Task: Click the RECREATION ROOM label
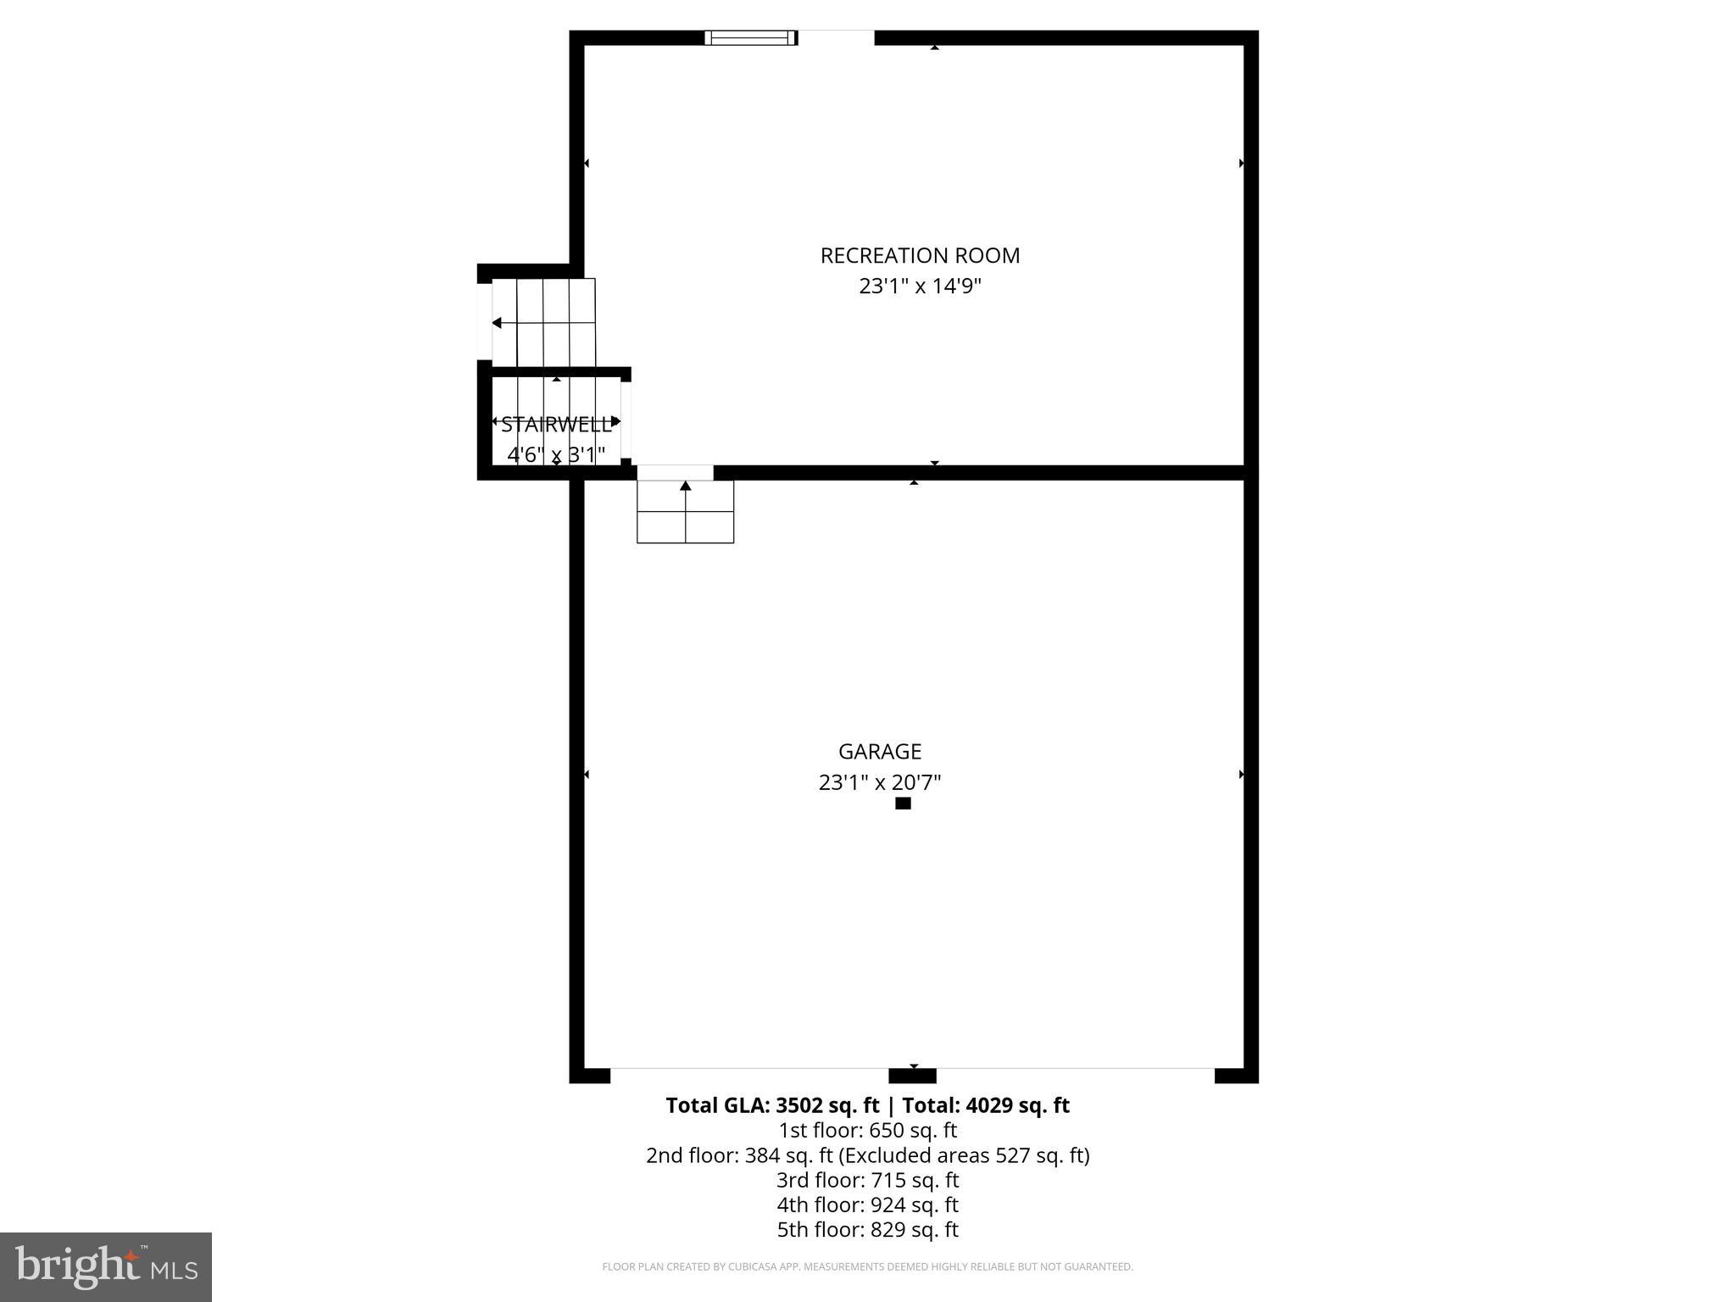pyautogui.click(x=920, y=255)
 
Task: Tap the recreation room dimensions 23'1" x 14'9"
pyautogui.click(x=920, y=287)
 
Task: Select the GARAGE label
pyautogui.click(x=879, y=752)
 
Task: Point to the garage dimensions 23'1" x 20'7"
pyautogui.click(x=879, y=782)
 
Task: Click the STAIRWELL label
pyautogui.click(x=556, y=425)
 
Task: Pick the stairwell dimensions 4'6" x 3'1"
pyautogui.click(x=556, y=455)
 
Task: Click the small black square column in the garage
pyautogui.click(x=903, y=804)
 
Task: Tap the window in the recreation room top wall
pyautogui.click(x=750, y=37)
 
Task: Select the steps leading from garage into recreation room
pyautogui.click(x=685, y=511)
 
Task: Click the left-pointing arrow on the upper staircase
pyautogui.click(x=498, y=323)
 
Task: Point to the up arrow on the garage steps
pyautogui.click(x=685, y=487)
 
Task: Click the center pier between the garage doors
pyautogui.click(x=912, y=1076)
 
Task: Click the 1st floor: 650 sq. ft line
pyautogui.click(x=867, y=1131)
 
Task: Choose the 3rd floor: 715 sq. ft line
pyautogui.click(x=867, y=1180)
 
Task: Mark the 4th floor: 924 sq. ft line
pyautogui.click(x=867, y=1205)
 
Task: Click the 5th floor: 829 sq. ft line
pyautogui.click(x=867, y=1229)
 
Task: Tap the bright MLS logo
pyautogui.click(x=106, y=1266)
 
